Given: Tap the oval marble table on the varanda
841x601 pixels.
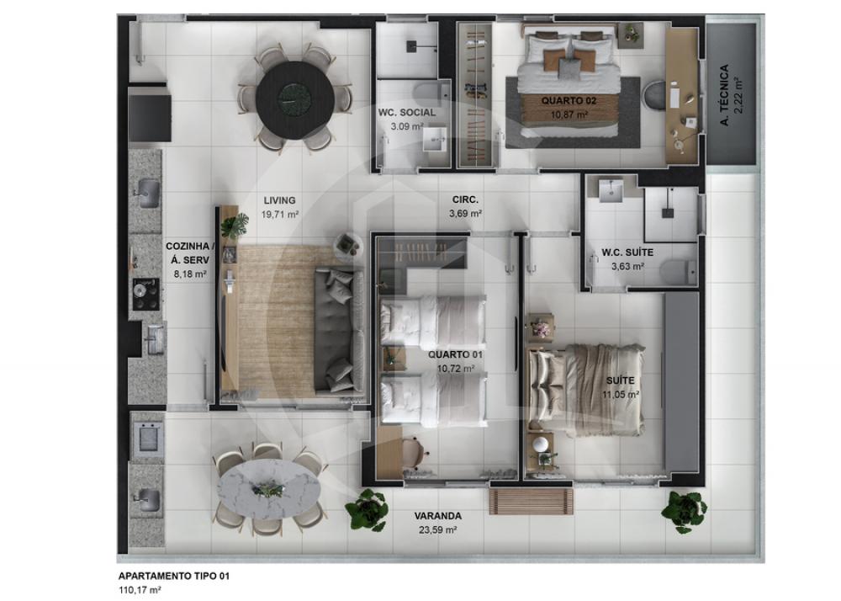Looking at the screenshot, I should (x=269, y=489).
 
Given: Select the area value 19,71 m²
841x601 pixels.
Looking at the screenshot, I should (x=279, y=215).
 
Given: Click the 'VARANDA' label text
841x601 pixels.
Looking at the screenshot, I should (x=437, y=516).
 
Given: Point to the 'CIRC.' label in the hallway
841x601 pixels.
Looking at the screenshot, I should (x=464, y=200).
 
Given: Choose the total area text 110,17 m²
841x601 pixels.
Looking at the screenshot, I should (x=140, y=591).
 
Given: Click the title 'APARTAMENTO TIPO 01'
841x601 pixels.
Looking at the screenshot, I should (x=172, y=577).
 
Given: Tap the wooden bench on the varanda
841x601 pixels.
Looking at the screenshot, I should (x=531, y=501).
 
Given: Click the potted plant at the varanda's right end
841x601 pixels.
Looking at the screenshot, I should (x=684, y=510).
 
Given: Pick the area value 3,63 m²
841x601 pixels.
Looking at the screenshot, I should (x=627, y=266).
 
